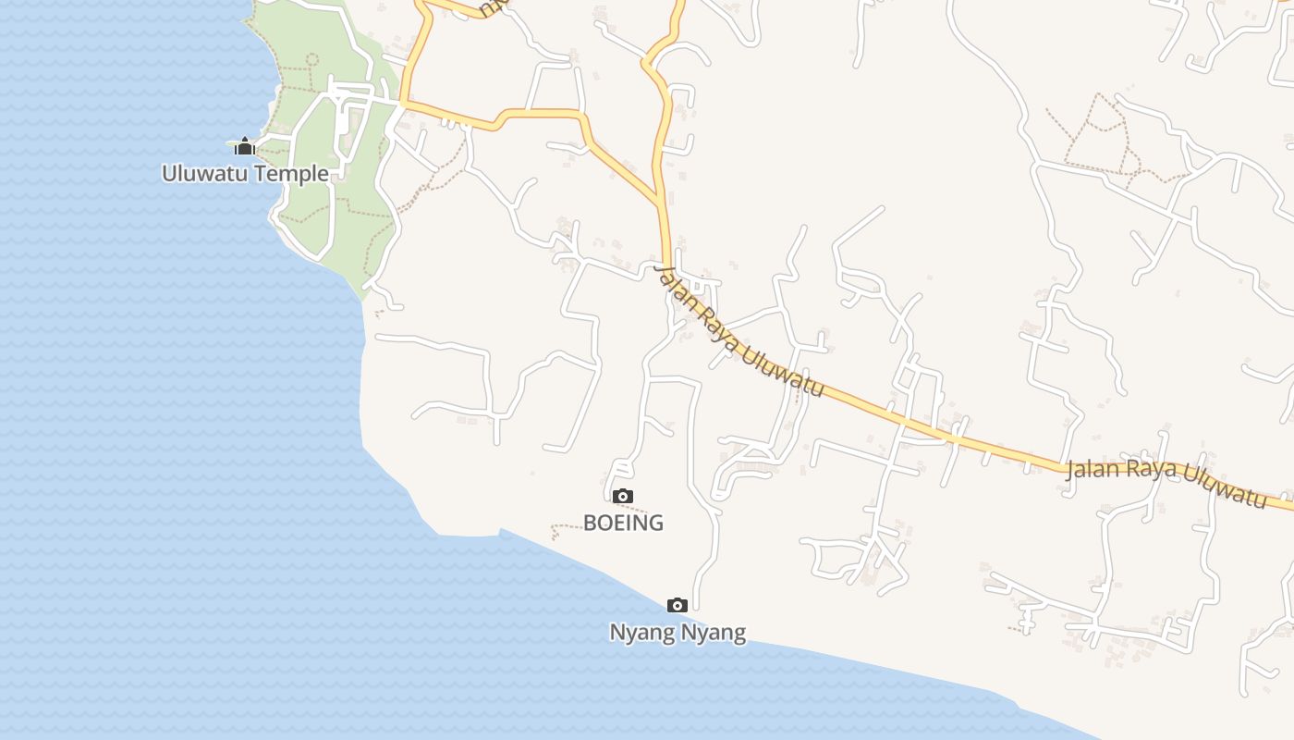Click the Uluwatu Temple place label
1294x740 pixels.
point(245,173)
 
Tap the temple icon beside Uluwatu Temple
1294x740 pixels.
point(244,146)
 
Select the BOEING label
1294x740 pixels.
point(623,523)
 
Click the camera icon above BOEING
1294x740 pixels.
point(623,497)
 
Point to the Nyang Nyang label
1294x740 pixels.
point(678,633)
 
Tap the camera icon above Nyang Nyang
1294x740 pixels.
point(678,606)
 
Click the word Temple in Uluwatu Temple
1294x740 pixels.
point(293,173)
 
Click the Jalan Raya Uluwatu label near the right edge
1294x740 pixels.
point(1166,481)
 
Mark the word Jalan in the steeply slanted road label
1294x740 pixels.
point(672,287)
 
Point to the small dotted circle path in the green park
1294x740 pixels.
point(311,59)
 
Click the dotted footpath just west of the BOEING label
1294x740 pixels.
point(564,529)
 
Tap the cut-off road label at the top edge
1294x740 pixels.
point(494,7)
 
